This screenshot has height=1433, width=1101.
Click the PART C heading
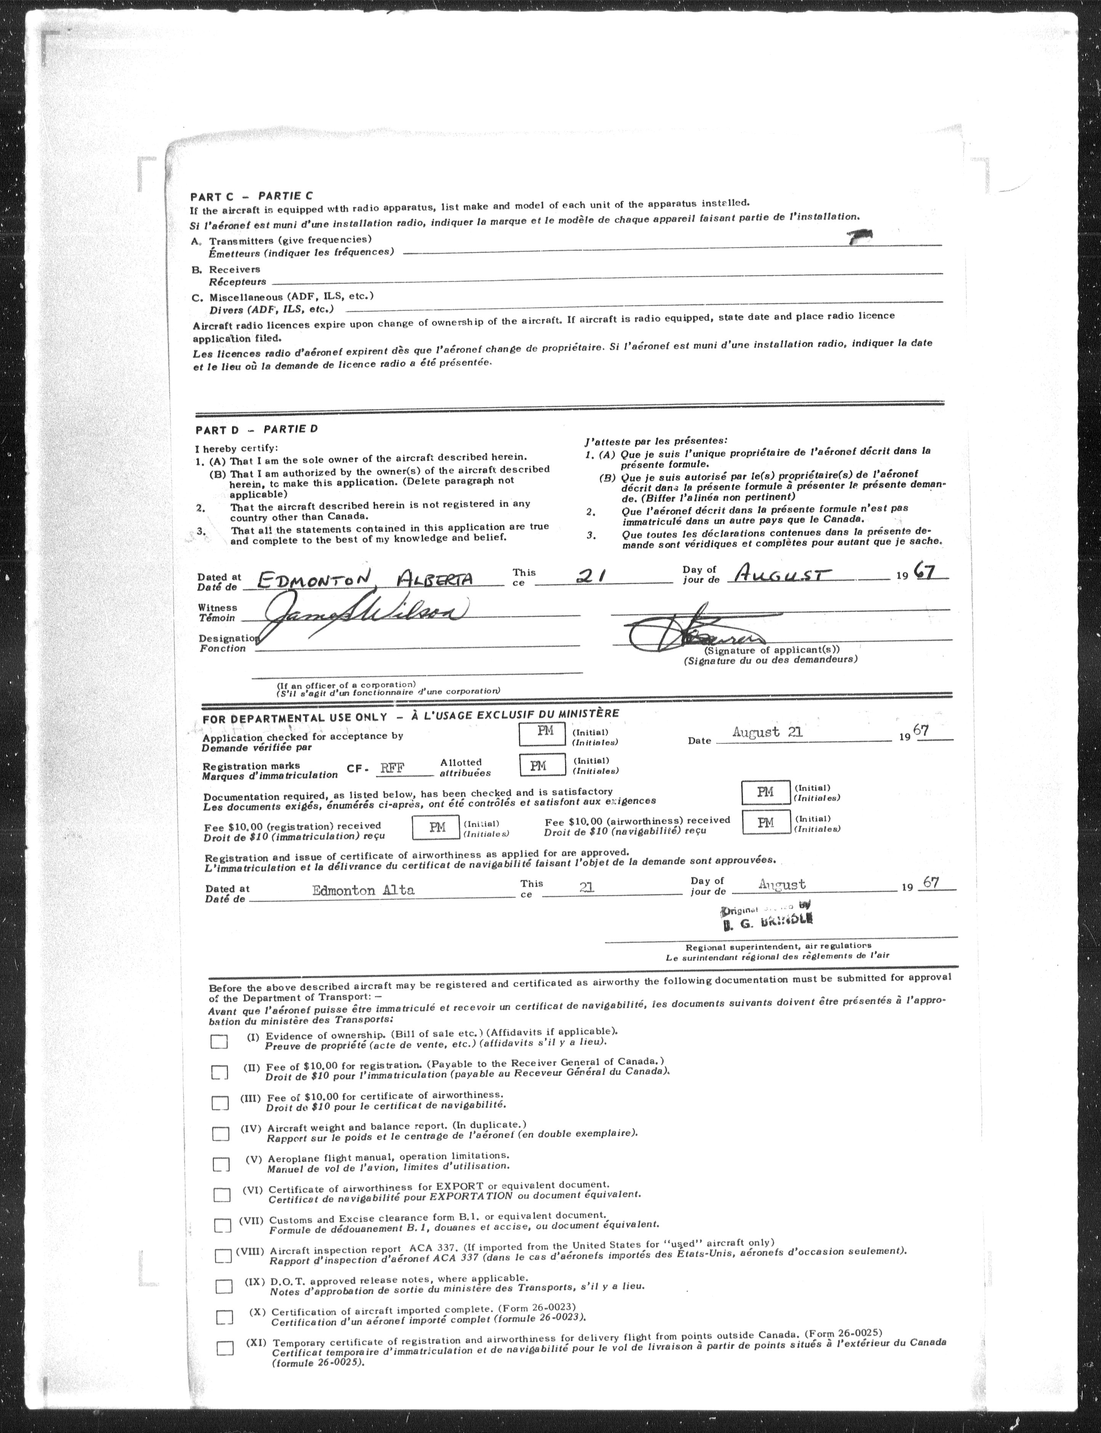[x=251, y=196]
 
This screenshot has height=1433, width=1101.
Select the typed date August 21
[x=767, y=732]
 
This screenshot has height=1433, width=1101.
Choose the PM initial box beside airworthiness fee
[x=766, y=822]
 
